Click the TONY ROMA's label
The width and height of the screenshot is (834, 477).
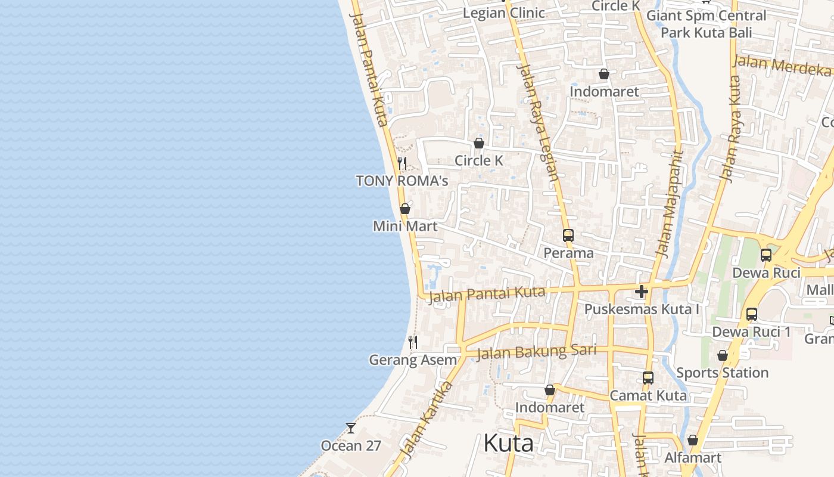[402, 181]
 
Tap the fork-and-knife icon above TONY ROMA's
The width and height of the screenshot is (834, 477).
[402, 163]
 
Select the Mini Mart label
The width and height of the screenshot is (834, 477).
[405, 227]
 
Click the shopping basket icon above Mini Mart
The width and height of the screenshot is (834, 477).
[405, 209]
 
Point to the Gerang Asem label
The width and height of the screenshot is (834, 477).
[413, 360]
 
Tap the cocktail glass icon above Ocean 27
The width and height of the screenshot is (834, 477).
[351, 428]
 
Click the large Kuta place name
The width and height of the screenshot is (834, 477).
[508, 444]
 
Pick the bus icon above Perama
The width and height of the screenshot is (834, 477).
[568, 236]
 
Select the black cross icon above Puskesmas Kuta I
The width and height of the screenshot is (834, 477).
[642, 292]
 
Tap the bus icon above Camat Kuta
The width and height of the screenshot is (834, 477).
[648, 378]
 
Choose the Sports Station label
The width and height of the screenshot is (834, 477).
[722, 373]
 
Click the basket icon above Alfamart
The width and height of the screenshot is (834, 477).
[693, 441]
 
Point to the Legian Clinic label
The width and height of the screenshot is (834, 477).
[503, 13]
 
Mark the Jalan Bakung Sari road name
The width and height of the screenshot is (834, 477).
[537, 352]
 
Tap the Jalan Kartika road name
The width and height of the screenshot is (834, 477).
[427, 421]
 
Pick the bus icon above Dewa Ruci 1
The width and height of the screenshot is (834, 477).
[752, 314]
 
